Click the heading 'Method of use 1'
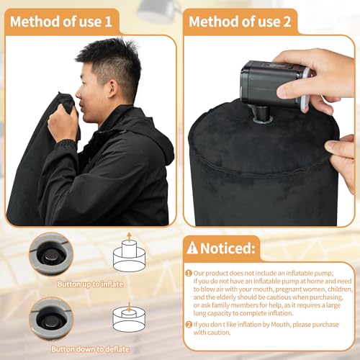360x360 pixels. click(x=61, y=22)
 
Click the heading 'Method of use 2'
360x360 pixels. click(x=240, y=22)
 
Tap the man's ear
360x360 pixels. click(x=114, y=88)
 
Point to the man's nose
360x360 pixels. click(x=78, y=95)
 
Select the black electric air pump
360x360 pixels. click(x=274, y=84)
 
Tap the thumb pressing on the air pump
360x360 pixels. click(x=290, y=91)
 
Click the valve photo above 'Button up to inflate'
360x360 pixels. click(x=51, y=254)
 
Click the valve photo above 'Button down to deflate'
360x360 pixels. click(x=51, y=318)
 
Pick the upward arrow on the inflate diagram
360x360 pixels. click(x=129, y=237)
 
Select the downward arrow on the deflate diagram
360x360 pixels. click(x=129, y=307)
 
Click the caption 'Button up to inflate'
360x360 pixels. click(x=90, y=284)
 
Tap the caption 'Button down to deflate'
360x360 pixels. click(x=90, y=349)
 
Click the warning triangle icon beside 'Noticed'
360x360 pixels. click(x=192, y=248)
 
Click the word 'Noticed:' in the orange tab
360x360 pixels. click(x=228, y=248)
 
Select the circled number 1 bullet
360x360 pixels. click(x=189, y=274)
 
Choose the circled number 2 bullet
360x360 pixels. click(x=189, y=325)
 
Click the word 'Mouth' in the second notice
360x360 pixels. click(x=280, y=325)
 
